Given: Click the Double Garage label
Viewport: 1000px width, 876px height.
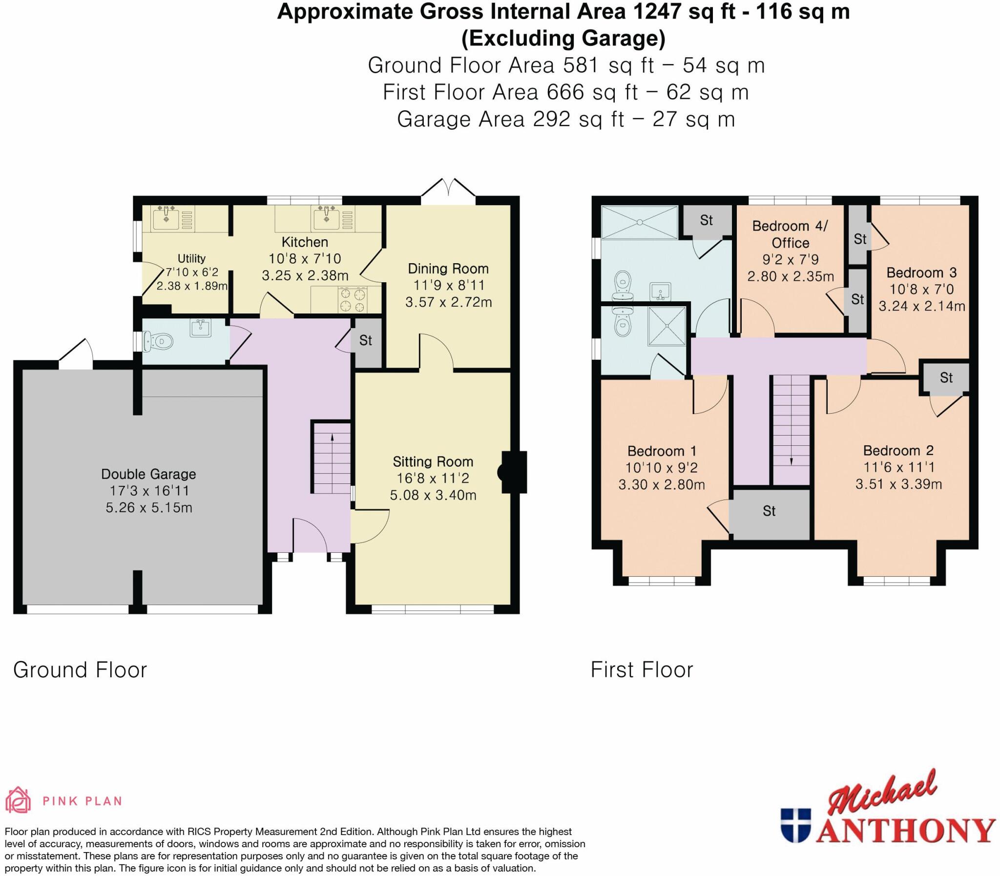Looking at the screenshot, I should [x=148, y=474].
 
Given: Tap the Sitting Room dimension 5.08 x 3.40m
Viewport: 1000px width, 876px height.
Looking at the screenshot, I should [x=433, y=495].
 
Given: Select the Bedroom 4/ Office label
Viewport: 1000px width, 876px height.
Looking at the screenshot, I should [x=790, y=234].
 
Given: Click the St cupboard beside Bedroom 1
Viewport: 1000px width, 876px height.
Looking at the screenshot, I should [x=770, y=511].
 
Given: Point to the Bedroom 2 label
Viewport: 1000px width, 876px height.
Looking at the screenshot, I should [x=898, y=450].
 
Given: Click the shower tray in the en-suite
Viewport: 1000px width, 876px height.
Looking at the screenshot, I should [x=667, y=326].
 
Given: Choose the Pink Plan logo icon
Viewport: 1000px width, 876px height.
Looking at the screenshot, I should [x=18, y=800].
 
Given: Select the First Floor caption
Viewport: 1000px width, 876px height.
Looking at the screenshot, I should [x=641, y=670].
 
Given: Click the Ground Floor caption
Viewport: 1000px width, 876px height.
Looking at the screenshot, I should [x=80, y=670].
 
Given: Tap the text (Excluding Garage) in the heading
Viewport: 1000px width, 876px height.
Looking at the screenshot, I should [x=563, y=39].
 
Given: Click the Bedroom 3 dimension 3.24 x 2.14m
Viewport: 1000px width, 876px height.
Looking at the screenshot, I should [x=921, y=307].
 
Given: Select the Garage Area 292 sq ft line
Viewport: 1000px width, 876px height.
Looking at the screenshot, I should [x=565, y=119].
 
